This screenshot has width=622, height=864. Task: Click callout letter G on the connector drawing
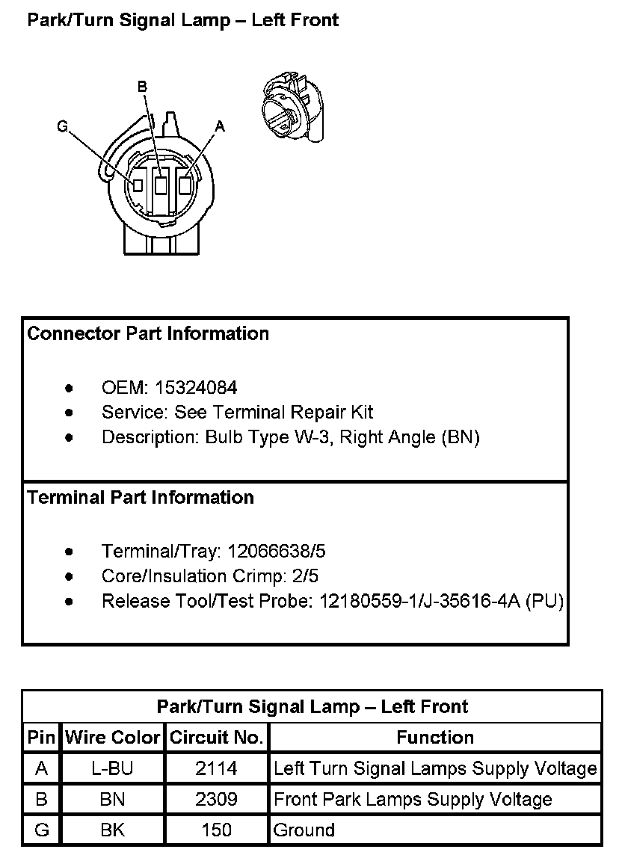click(x=63, y=127)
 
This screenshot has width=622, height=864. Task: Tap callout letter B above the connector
click(x=142, y=87)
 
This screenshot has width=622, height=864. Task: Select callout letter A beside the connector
click(x=219, y=127)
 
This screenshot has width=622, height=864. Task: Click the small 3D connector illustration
click(x=294, y=108)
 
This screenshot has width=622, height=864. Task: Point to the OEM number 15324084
click(x=196, y=387)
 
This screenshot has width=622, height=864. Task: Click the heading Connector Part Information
click(x=148, y=333)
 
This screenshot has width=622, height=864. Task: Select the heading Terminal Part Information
click(x=141, y=497)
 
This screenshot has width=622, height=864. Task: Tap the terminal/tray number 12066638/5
click(x=277, y=552)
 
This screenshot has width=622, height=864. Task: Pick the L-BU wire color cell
click(x=112, y=768)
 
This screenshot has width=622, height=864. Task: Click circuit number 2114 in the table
click(x=216, y=768)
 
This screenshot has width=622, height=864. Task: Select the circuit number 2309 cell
click(x=216, y=799)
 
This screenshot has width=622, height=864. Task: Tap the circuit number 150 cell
click(x=216, y=830)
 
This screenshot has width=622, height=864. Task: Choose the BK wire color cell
click(x=112, y=830)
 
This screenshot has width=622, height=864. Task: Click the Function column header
click(x=435, y=738)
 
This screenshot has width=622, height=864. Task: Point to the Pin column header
click(x=41, y=738)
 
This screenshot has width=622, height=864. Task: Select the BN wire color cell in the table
click(x=112, y=799)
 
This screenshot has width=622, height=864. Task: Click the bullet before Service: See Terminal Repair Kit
click(x=70, y=413)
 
